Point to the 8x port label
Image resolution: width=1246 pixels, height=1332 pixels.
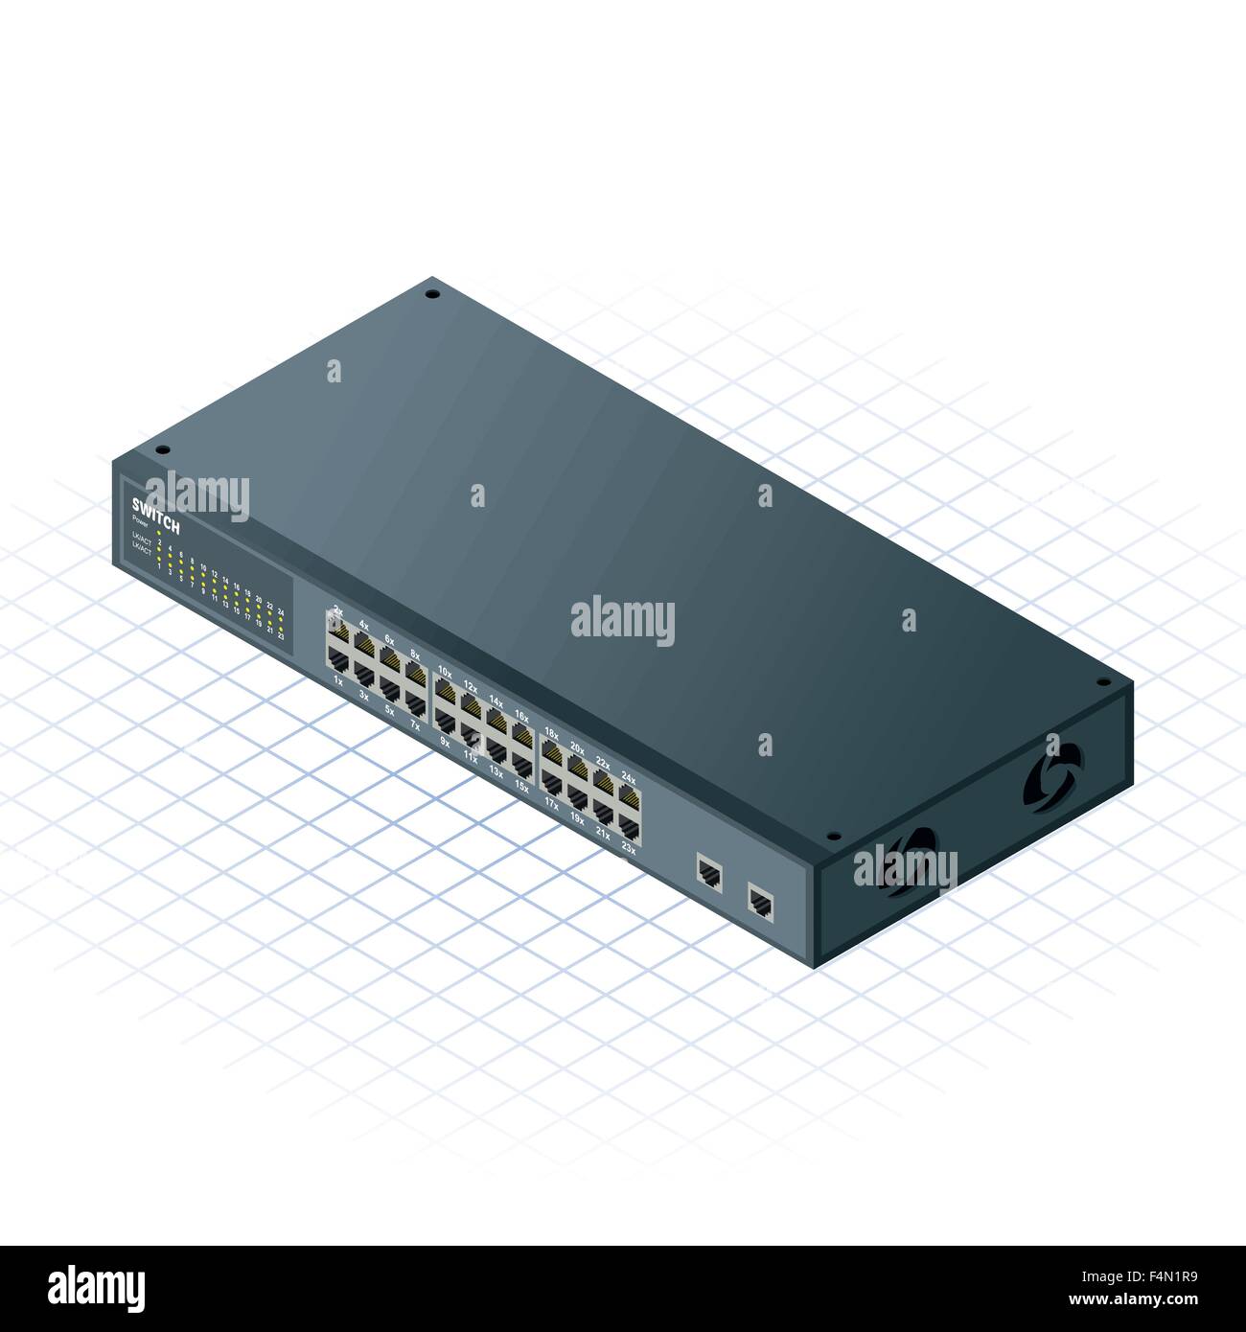[415, 655]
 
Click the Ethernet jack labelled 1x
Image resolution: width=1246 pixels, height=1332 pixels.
[337, 657]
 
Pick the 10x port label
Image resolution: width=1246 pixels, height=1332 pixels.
[444, 671]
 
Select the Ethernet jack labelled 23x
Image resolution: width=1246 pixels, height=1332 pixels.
[629, 828]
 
